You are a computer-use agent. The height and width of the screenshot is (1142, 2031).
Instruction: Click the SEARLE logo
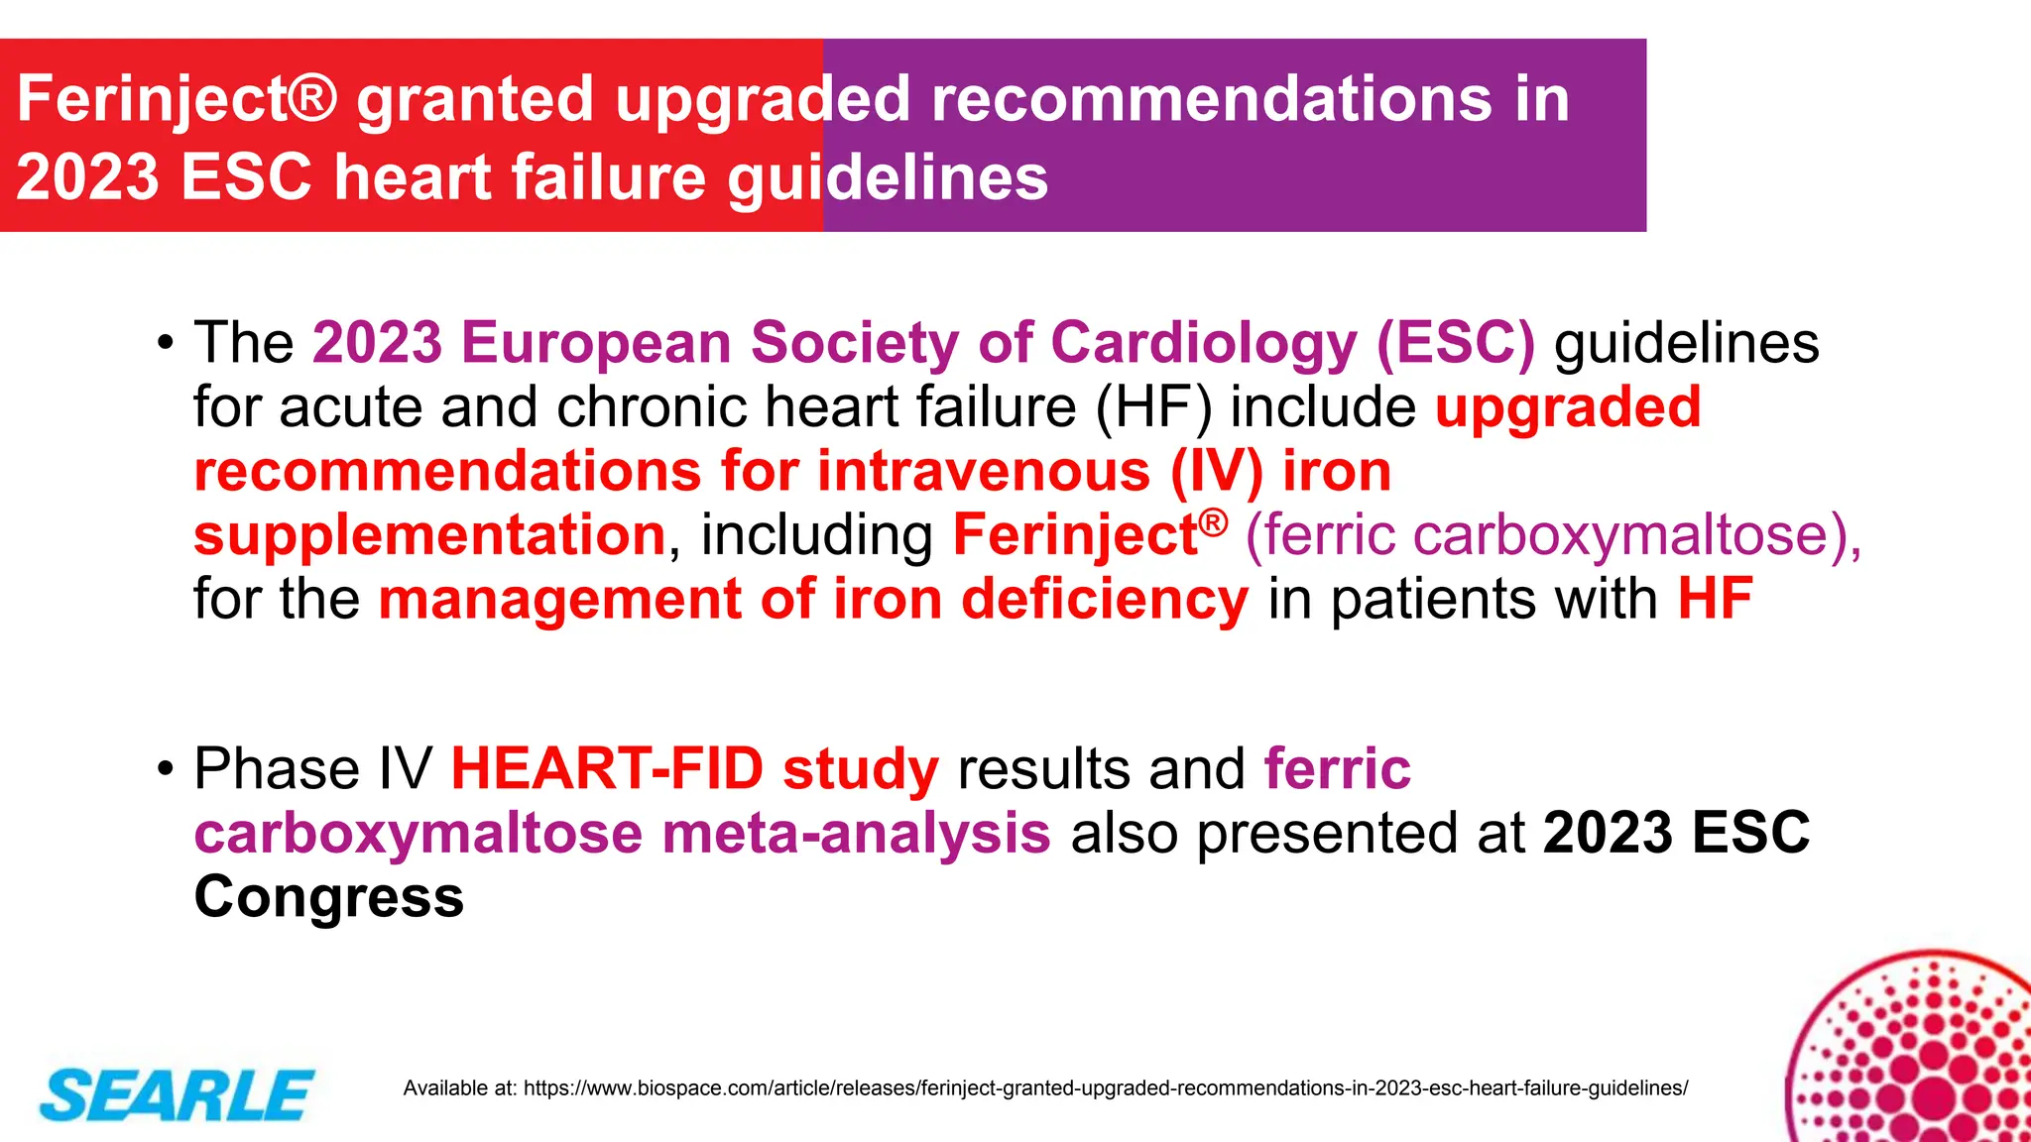tap(177, 1095)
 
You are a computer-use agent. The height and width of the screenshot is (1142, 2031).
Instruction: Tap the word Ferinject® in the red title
tap(178, 100)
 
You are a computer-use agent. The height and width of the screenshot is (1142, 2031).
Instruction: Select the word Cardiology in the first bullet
tap(1204, 343)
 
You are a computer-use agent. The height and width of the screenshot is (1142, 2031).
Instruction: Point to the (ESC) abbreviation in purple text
tap(1455, 343)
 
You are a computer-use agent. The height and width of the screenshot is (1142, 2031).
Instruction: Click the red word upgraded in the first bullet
tap(1568, 407)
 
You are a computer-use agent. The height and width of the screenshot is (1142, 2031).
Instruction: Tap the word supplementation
tap(429, 535)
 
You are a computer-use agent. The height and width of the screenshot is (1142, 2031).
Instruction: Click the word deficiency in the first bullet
tap(1105, 600)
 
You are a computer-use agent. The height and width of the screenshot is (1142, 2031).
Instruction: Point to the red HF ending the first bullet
tap(1715, 600)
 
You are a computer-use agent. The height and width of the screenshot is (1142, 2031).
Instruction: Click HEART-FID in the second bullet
tap(607, 769)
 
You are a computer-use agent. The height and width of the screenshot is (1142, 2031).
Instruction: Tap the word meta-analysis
tap(856, 834)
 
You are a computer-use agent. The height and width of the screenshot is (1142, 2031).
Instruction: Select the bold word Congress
tap(328, 897)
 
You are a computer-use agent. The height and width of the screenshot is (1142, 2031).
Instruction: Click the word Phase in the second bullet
tap(277, 769)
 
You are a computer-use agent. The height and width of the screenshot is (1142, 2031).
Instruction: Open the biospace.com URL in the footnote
tap(1105, 1088)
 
